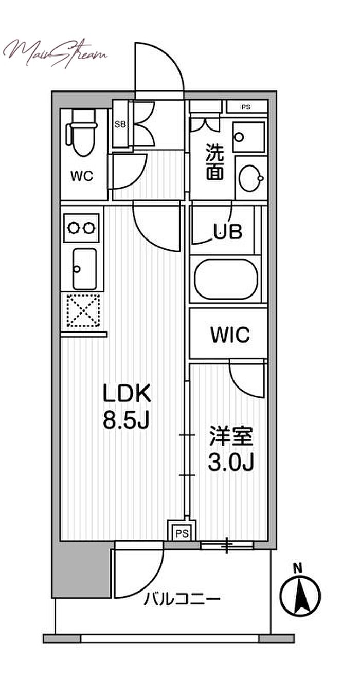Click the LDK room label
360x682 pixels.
pos(127,395)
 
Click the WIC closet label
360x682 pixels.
pos(229,335)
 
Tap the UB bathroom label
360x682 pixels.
pos(228,232)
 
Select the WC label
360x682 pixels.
pos(82,176)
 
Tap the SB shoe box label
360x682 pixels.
pos(120,124)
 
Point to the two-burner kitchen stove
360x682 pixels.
pos(81,227)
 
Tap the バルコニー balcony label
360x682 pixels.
pos(182,599)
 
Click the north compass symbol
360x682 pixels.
pos(300,595)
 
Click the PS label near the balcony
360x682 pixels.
pos(181,532)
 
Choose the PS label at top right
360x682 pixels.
pos(246,107)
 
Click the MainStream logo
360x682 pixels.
pos(55,50)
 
